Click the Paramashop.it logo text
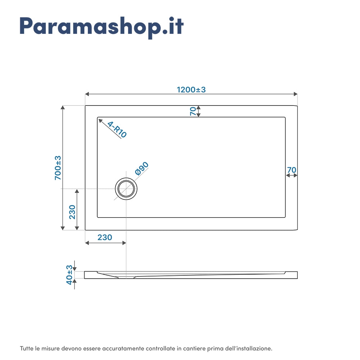[x=102, y=26]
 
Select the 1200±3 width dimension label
[x=191, y=90]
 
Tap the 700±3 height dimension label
[x=58, y=168]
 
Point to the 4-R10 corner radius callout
[x=117, y=130]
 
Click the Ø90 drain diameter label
[x=141, y=169]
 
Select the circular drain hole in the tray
[x=126, y=188]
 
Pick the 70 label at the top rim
[x=193, y=111]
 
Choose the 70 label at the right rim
[x=292, y=170]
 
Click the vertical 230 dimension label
[x=72, y=212]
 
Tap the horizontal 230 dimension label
[x=105, y=238]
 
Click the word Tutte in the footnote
[x=27, y=348]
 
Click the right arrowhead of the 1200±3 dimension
[x=296, y=94]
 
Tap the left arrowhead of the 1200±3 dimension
[x=87, y=94]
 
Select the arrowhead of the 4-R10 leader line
[x=100, y=120]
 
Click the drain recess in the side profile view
[x=126, y=277]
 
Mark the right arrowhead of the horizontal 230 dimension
[x=124, y=243]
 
